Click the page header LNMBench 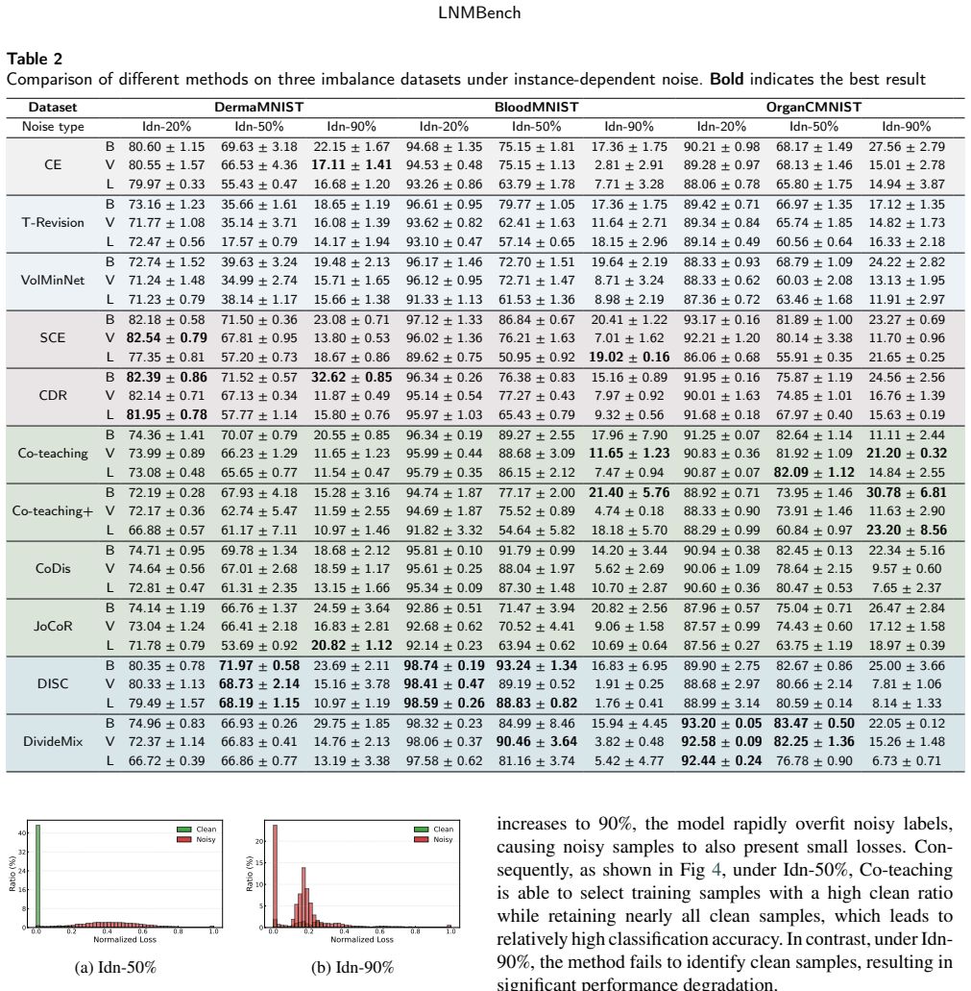pos(479,12)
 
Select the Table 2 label pos(35,59)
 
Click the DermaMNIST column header pos(259,107)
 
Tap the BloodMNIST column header pos(537,107)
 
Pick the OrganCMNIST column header pos(813,107)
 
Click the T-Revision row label pos(53,222)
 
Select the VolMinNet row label pos(53,280)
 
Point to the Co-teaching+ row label pos(53,510)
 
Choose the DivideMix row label pos(53,741)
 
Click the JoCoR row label pos(53,626)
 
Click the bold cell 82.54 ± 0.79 pos(167,337)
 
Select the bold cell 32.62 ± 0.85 pos(352,378)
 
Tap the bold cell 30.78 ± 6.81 pos(907,492)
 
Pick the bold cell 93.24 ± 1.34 pos(537,665)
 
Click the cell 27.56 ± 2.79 pos(907,147)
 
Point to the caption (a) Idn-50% pos(115,968)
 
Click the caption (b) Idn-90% pos(352,968)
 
